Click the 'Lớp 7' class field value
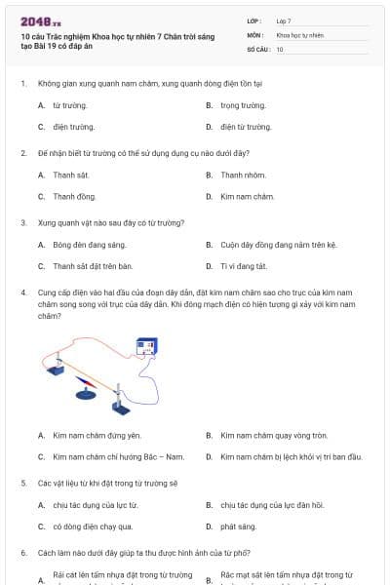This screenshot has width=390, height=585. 284,19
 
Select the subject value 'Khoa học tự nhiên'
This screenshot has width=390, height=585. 299,34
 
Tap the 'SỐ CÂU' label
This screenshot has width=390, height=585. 258,49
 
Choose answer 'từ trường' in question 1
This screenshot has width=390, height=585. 67,105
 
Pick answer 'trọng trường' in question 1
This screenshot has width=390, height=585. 243,105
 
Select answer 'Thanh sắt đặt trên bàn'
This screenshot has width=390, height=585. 92,265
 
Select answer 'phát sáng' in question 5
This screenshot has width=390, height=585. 238,526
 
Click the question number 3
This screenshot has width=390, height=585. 22,222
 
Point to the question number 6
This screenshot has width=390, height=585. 22,553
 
